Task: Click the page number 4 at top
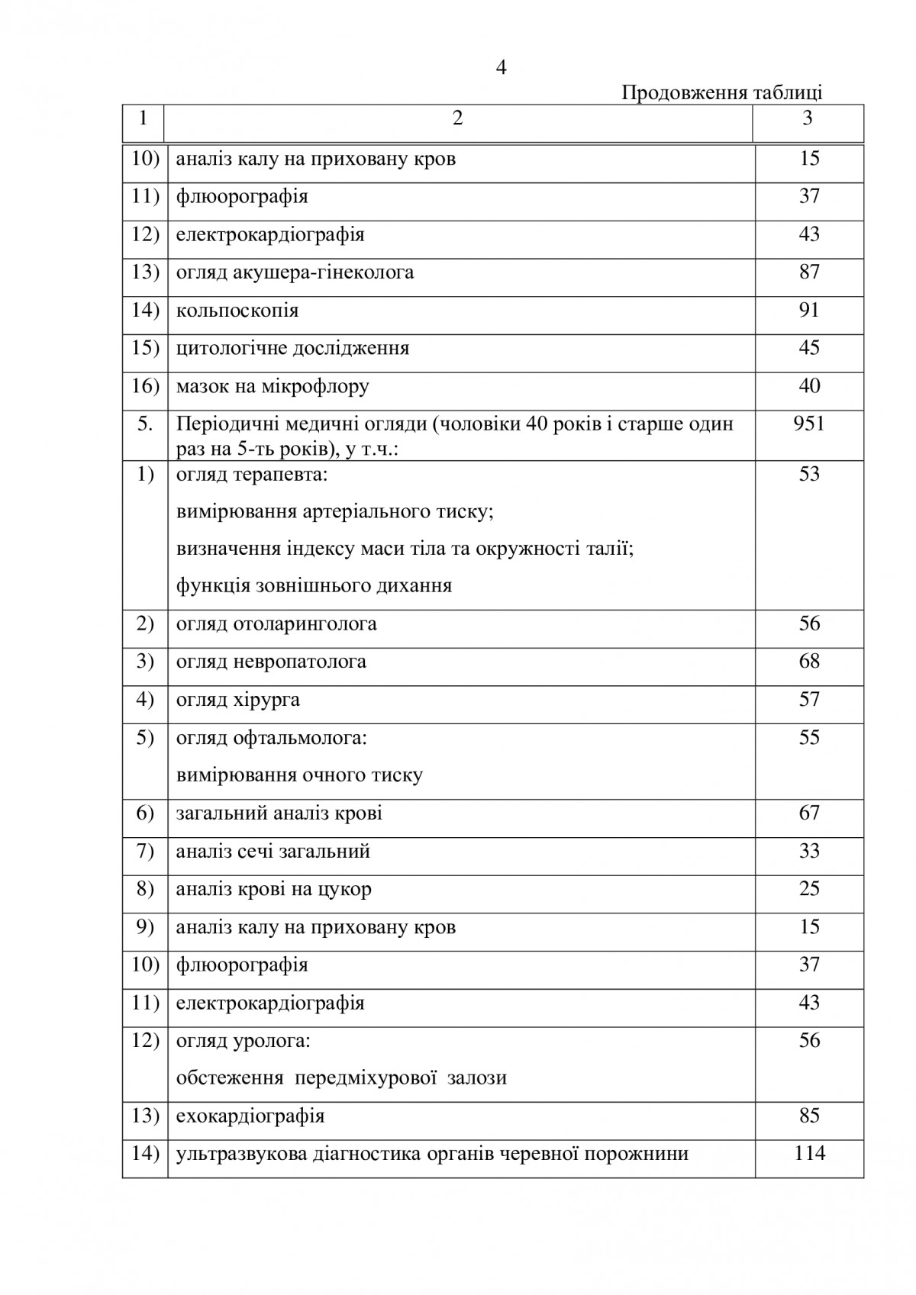pyautogui.click(x=502, y=69)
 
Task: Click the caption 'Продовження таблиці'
pyautogui.click(x=721, y=93)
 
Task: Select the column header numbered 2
pyautogui.click(x=457, y=118)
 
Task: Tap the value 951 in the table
pyautogui.click(x=809, y=424)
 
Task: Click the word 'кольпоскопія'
pyautogui.click(x=237, y=311)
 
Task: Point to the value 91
pyautogui.click(x=809, y=310)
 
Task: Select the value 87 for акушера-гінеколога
pyautogui.click(x=809, y=272)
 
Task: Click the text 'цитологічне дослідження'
pyautogui.click(x=292, y=349)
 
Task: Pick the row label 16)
pyautogui.click(x=145, y=386)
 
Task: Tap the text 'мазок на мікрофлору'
pyautogui.click(x=273, y=387)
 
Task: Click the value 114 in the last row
pyautogui.click(x=809, y=1153)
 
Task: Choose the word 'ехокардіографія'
pyautogui.click(x=250, y=1116)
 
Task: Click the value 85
pyautogui.click(x=809, y=1116)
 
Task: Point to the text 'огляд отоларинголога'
pyautogui.click(x=276, y=624)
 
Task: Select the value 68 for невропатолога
pyautogui.click(x=809, y=661)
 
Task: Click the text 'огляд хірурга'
pyautogui.click(x=238, y=700)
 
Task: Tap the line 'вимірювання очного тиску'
pyautogui.click(x=299, y=775)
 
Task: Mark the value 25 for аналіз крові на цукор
pyautogui.click(x=809, y=888)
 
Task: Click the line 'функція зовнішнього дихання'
pyautogui.click(x=314, y=586)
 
